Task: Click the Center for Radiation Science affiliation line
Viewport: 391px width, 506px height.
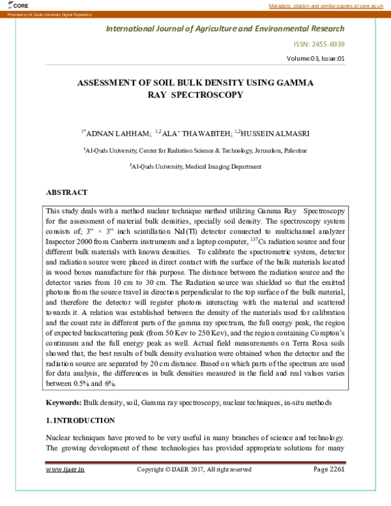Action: (x=195, y=150)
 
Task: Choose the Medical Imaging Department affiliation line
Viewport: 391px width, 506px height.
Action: (x=195, y=167)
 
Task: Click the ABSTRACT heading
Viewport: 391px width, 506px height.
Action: (x=66, y=193)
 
